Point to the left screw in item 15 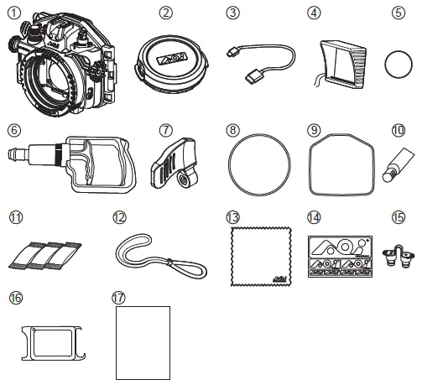pyautogui.click(x=388, y=257)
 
